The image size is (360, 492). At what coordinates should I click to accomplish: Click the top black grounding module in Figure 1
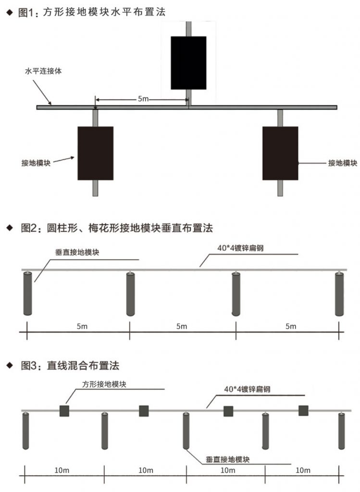point(188,63)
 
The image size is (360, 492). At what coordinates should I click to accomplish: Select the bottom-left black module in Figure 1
point(96,153)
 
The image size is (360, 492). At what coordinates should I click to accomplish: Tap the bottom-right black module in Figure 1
point(280,153)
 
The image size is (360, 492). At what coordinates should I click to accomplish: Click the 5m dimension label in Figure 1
point(143,99)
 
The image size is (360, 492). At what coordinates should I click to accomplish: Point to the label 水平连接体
point(43,71)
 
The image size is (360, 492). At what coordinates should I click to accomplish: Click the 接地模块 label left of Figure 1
point(36,163)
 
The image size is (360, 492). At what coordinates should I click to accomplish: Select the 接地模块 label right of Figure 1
point(342,163)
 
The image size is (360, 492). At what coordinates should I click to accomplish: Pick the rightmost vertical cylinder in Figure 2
point(339,294)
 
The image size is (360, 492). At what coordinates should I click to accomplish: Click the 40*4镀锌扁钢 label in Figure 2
point(240,248)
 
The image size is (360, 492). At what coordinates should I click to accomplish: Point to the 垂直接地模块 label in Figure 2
point(77,252)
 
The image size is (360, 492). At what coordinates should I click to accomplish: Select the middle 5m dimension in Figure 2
point(182,326)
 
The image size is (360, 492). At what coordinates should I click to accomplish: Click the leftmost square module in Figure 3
point(64,411)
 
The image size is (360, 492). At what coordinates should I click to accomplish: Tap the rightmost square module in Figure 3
point(303,410)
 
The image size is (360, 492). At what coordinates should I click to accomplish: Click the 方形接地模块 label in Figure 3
point(104,384)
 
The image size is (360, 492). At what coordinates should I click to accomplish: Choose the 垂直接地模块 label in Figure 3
point(227,460)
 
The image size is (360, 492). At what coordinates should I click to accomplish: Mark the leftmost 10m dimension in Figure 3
point(62,470)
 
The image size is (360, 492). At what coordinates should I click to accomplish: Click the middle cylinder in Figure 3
point(186,430)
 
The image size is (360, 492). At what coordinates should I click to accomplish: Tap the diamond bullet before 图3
point(10,365)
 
